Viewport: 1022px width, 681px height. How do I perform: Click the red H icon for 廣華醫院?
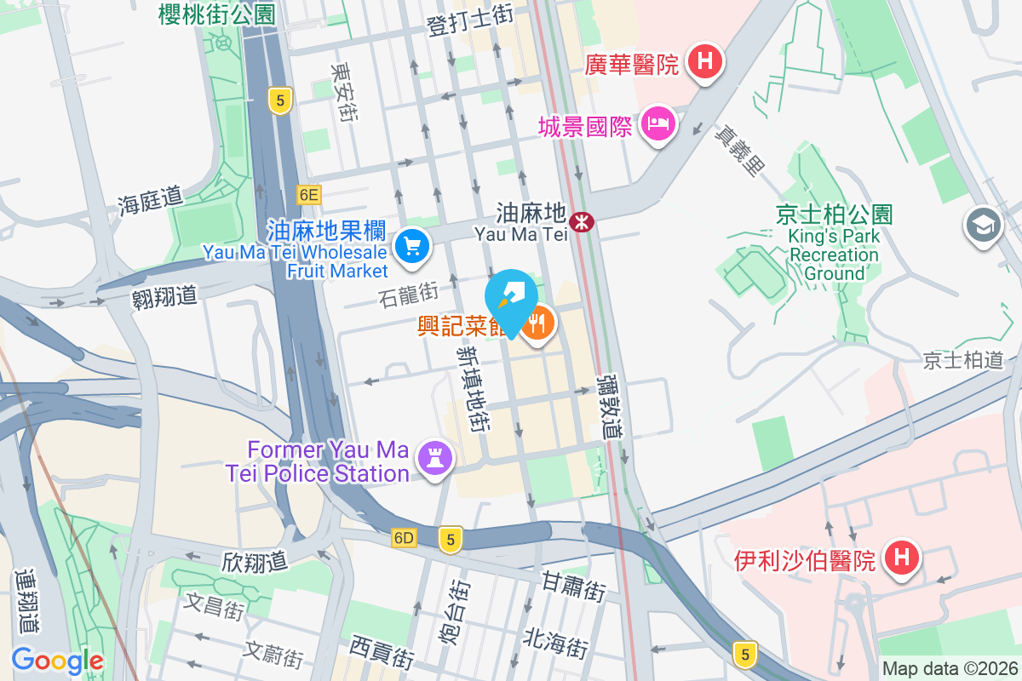tap(705, 61)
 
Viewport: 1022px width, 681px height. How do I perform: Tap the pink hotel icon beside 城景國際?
tap(657, 125)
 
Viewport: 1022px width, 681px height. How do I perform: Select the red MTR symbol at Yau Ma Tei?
tap(583, 222)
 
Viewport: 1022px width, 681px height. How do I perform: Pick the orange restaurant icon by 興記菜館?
tap(537, 323)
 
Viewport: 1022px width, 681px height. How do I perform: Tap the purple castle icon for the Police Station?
tap(435, 460)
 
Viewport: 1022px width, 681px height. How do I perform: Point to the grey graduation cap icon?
tap(984, 226)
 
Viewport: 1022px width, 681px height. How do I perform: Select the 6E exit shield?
tap(308, 195)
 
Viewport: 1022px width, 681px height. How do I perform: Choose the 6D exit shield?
tap(404, 538)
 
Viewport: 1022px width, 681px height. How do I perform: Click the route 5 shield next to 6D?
tap(451, 538)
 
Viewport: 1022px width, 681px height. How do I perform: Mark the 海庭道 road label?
tap(151, 202)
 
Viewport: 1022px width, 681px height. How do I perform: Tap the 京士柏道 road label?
tap(963, 360)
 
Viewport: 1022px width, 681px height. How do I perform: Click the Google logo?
tap(57, 660)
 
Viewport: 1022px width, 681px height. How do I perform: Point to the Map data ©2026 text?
tap(950, 669)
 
